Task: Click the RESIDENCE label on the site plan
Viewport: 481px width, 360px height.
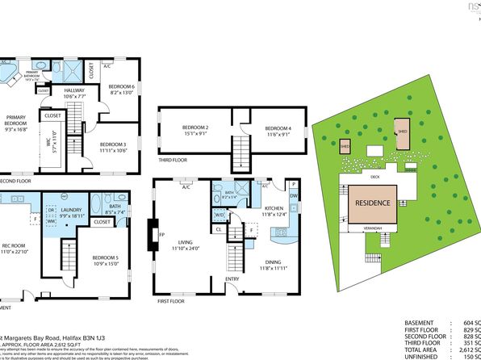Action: point(373,203)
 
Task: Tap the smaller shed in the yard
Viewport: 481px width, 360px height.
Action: point(345,146)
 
